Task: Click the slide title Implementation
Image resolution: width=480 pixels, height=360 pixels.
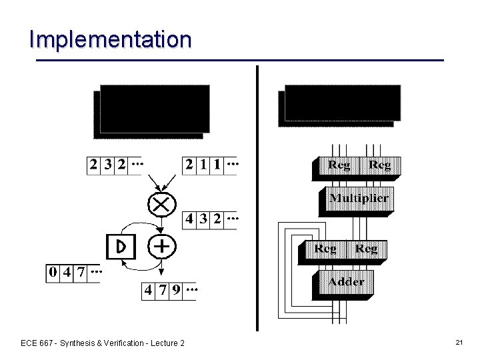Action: (110, 39)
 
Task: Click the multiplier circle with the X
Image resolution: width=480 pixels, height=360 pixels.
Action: (161, 203)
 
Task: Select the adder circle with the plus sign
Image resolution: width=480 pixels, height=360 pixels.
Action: (161, 246)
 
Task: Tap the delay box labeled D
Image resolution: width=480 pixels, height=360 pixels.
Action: (121, 247)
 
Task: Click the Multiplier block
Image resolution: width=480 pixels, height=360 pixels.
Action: (359, 199)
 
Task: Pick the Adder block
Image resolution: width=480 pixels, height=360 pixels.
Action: (346, 282)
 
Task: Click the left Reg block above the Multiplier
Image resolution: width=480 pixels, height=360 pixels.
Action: (339, 165)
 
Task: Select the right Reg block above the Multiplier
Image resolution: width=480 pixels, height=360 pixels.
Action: (379, 165)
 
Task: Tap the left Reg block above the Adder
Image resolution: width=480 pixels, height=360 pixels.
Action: (325, 249)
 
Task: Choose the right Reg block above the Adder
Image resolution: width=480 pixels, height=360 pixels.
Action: (365, 249)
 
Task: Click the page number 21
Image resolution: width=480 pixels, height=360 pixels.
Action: (459, 342)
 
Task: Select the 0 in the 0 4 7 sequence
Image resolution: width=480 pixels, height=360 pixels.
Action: (53, 273)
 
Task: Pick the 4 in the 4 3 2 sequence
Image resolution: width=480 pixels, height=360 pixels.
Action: (190, 219)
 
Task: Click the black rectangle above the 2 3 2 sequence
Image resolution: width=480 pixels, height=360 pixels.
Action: (151, 110)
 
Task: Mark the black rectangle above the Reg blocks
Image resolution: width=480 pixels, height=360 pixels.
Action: (341, 104)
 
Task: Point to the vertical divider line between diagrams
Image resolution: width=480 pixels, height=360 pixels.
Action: (257, 200)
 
